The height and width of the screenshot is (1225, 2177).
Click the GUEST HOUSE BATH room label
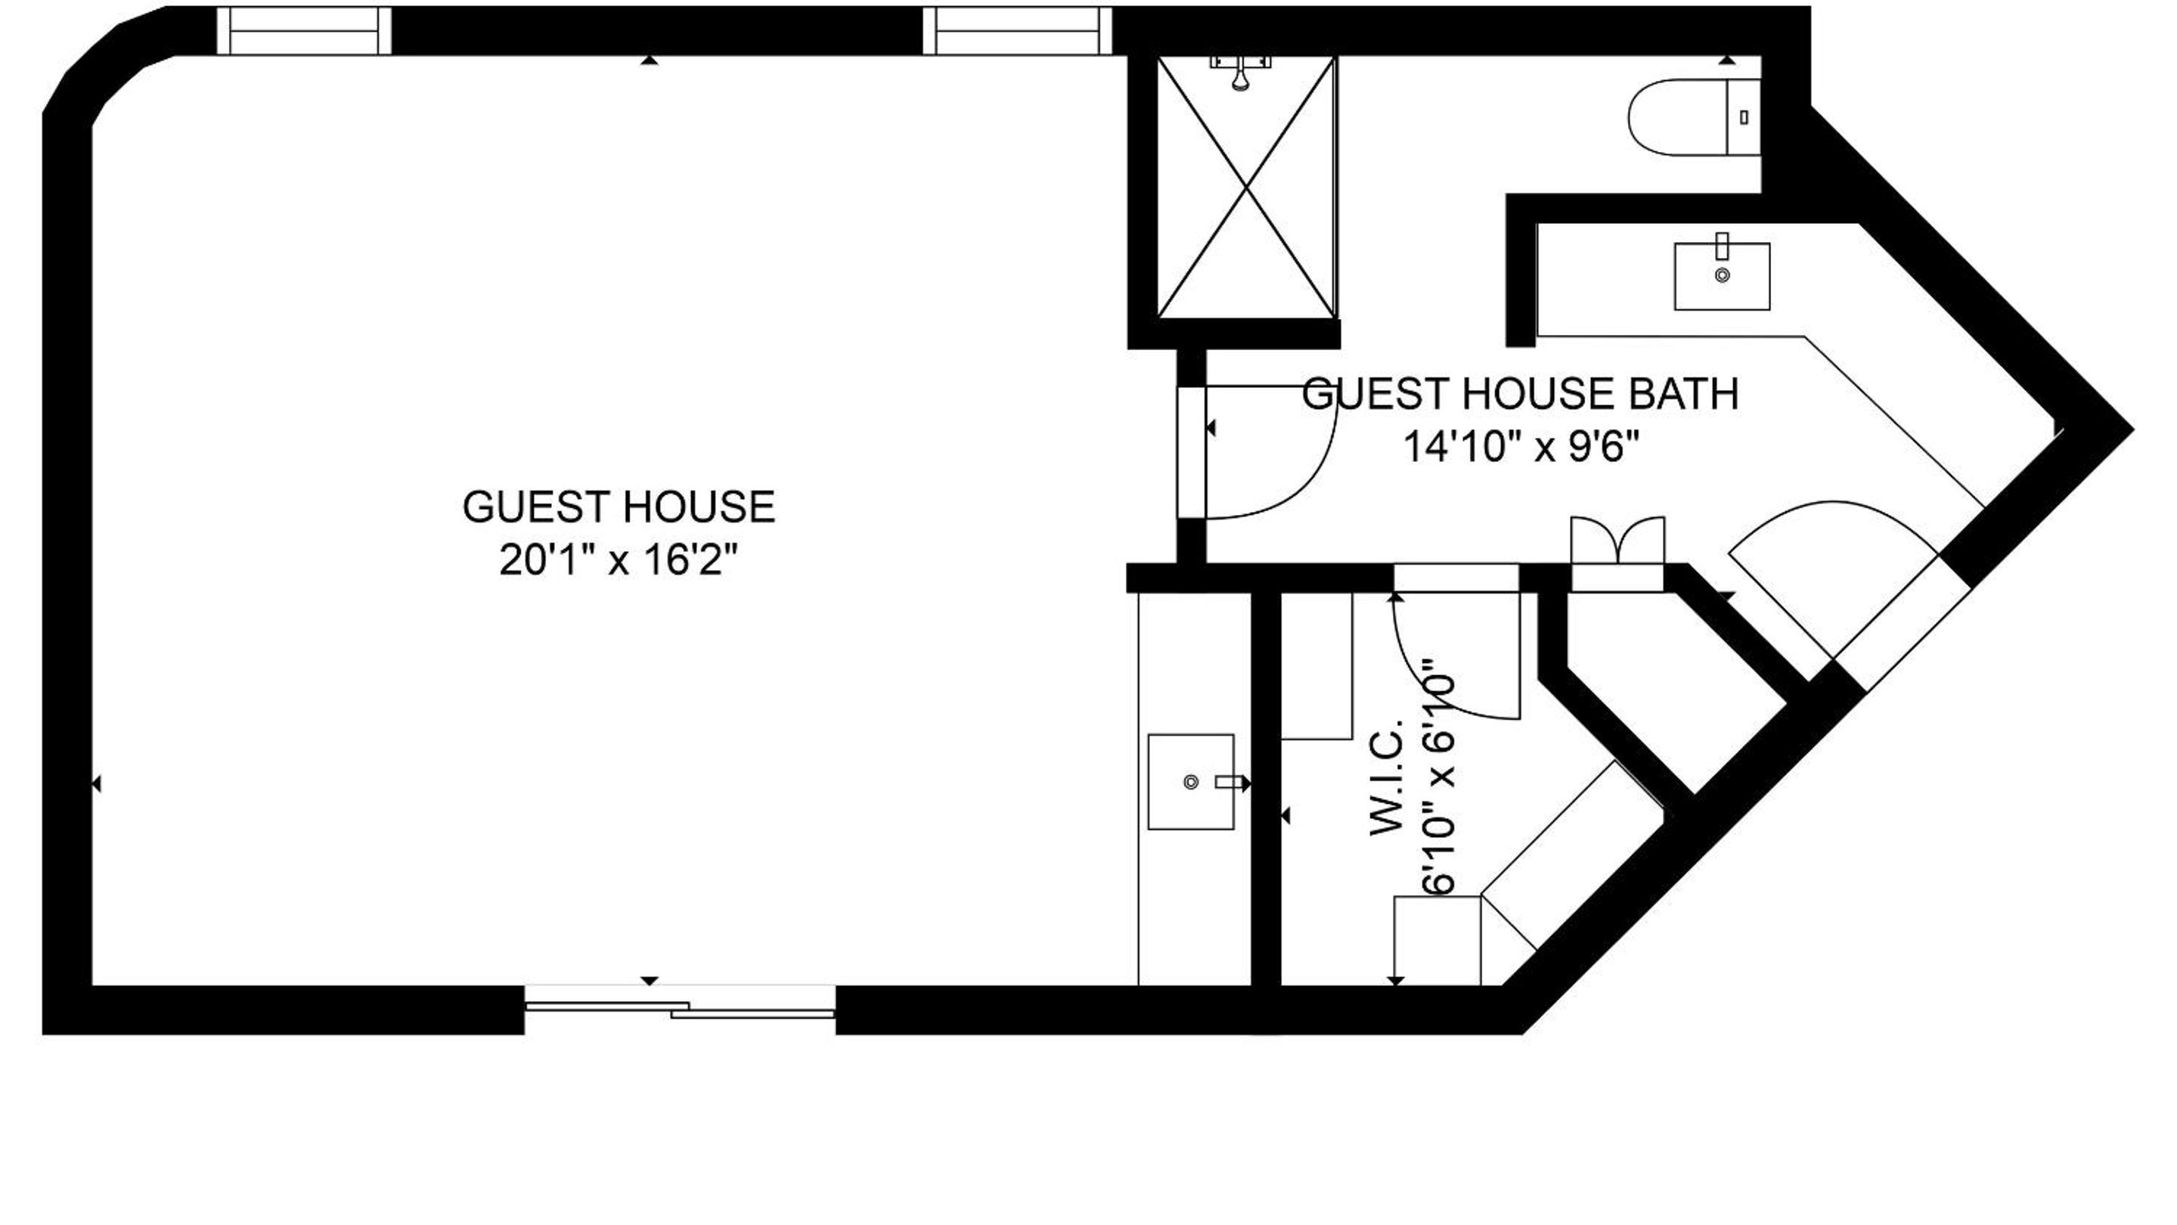[x=1521, y=395]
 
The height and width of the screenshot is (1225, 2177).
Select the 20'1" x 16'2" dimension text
[x=619, y=560]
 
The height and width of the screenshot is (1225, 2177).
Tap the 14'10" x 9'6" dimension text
[x=1521, y=446]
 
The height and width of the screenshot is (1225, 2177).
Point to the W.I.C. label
[x=1386, y=777]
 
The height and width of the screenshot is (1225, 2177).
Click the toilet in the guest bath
[x=1694, y=117]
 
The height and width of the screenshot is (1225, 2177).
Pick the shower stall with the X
[x=1246, y=188]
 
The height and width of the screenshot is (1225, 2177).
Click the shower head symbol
[x=1241, y=73]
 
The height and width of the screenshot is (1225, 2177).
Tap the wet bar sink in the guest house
[x=1191, y=781]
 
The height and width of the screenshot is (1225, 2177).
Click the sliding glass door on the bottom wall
[x=680, y=1009]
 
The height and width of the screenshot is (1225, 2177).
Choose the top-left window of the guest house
[x=304, y=31]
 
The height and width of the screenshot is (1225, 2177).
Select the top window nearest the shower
[x=1017, y=31]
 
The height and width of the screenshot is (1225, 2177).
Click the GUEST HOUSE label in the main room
[x=619, y=507]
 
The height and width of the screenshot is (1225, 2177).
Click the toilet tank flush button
[x=1744, y=117]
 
